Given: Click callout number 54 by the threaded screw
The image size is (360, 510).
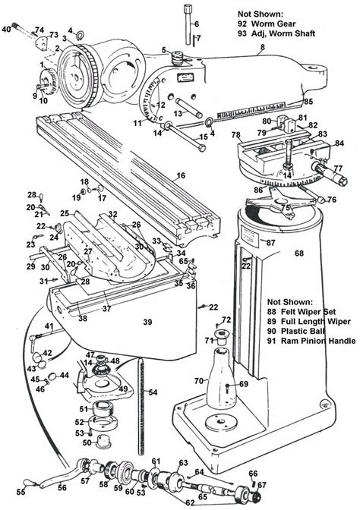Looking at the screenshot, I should click(x=153, y=392).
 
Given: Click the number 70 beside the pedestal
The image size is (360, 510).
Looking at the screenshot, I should click(x=200, y=380).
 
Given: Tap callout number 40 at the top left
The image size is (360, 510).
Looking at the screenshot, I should click(x=7, y=28).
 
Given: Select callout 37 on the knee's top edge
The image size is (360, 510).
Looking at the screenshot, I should click(x=107, y=308).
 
